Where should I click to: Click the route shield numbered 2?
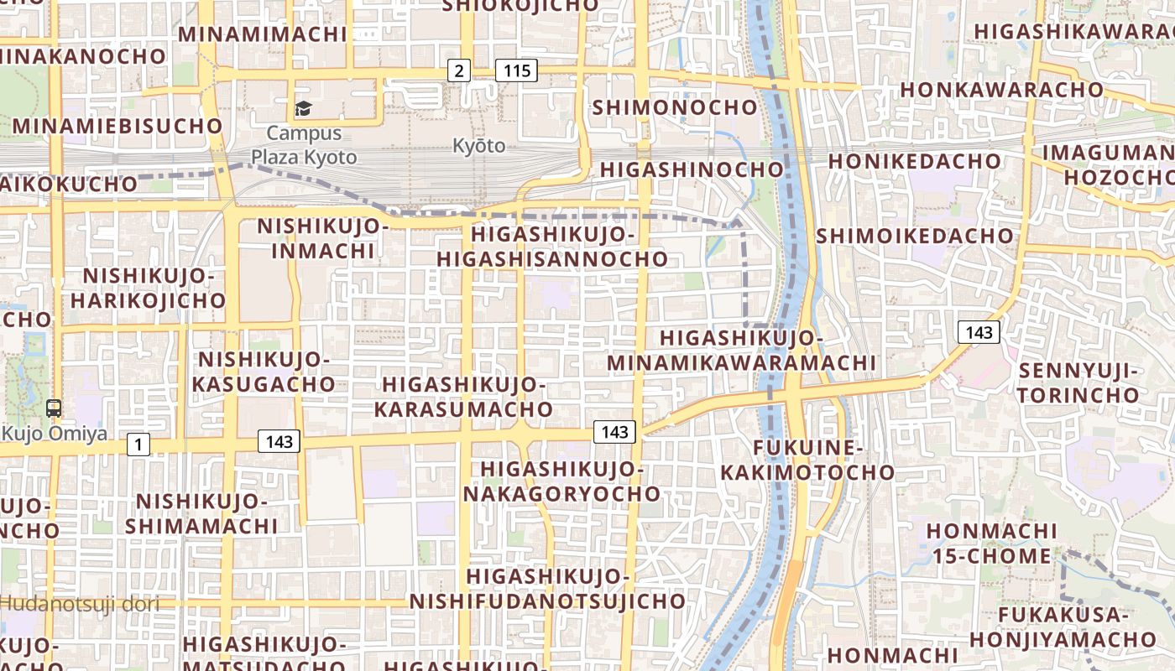[x=458, y=70]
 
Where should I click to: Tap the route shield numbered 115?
[x=516, y=70]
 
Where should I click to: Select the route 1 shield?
[x=138, y=445]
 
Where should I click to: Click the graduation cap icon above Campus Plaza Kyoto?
[x=302, y=108]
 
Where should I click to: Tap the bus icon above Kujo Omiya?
[x=54, y=408]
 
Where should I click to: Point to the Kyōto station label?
[x=479, y=146]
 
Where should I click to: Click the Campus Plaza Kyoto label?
[x=304, y=145]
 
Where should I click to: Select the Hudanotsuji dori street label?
[x=80, y=602]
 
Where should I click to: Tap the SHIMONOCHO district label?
[x=675, y=107]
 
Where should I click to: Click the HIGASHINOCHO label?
[x=692, y=169]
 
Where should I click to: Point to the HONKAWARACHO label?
[x=1001, y=89]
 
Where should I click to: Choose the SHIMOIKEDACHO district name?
[x=915, y=236]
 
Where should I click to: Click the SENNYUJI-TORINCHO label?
[x=1078, y=382]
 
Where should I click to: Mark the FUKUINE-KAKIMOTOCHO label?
[x=807, y=460]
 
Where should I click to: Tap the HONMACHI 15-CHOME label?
[x=990, y=543]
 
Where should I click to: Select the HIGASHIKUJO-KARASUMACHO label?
[x=463, y=397]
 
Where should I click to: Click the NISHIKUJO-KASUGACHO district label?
[x=265, y=372]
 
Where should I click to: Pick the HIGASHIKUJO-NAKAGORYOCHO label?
[x=561, y=481]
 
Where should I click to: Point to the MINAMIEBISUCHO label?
[x=117, y=126]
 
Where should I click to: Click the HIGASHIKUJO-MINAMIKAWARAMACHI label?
[x=741, y=351]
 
